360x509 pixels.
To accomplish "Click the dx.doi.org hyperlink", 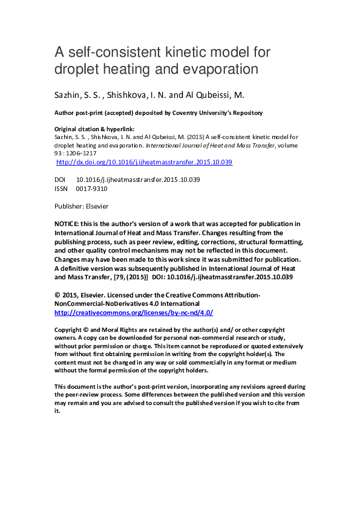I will pyautogui.click(x=143, y=163).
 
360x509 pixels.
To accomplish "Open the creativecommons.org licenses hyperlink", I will pyautogui.click(x=134, y=313).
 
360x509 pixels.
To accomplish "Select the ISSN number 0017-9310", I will pyautogui.click(x=91, y=189).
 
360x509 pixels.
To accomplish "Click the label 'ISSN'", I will pyautogui.click(x=62, y=189).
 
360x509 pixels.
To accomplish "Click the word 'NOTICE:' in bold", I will pyautogui.click(x=67, y=224).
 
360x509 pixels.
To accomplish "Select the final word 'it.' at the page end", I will pyautogui.click(x=57, y=411).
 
